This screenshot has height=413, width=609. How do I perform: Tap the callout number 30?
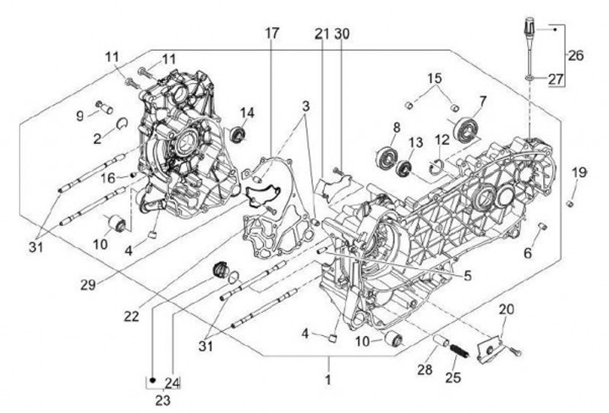(x=341, y=34)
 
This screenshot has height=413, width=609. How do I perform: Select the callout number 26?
(x=575, y=56)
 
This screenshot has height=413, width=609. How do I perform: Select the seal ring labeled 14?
(x=239, y=134)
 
